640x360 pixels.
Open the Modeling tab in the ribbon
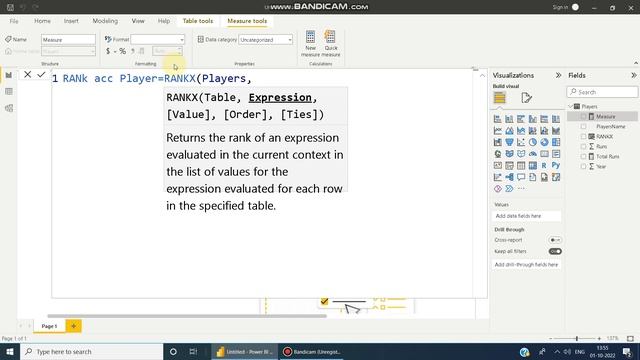pos(105,20)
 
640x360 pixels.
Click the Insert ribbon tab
pos(71,20)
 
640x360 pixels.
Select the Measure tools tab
pos(247,20)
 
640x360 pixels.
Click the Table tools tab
pos(197,20)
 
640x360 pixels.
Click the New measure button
pos(310,43)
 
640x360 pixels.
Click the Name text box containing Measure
pos(68,40)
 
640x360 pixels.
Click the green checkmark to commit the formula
pos(41,75)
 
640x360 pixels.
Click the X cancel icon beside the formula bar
pos(27,75)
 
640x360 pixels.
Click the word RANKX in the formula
pos(180,78)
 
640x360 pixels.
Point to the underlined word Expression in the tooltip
pos(282,97)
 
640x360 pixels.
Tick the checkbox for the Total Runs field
pos(585,156)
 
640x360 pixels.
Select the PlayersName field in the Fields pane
pos(611,126)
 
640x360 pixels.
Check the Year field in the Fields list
pos(585,166)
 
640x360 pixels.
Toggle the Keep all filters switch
pos(555,251)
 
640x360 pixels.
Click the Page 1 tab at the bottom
pos(48,326)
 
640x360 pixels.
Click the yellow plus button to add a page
pos(73,326)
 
